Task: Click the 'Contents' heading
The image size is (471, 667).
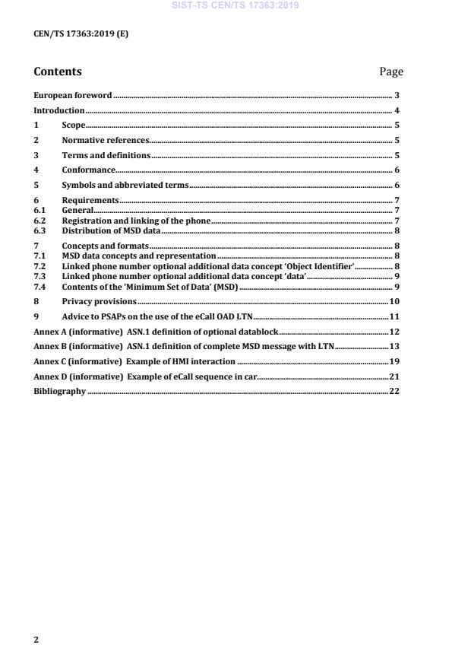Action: [x=58, y=71]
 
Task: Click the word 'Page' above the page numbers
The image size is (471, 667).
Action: [x=390, y=71]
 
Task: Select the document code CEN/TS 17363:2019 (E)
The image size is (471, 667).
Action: [x=74, y=34]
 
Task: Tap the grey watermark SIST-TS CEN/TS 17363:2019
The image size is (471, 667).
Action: [x=235, y=5]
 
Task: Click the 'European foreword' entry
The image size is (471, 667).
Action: [x=73, y=95]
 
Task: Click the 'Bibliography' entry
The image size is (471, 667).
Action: [x=60, y=391]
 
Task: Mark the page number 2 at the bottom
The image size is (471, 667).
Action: [x=36, y=639]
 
